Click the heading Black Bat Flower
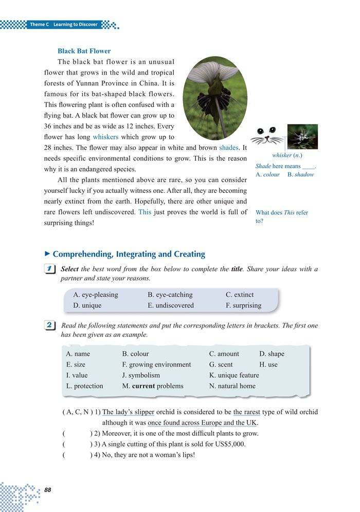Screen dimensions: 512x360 [84, 51]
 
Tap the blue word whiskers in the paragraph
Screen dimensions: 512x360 [105, 137]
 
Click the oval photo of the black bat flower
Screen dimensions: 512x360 [215, 98]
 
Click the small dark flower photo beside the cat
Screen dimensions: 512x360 [302, 136]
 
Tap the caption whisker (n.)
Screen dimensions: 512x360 [287, 155]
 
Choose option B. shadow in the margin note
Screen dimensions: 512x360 [300, 174]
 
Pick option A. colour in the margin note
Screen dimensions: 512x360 [267, 174]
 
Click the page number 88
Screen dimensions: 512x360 [48, 489]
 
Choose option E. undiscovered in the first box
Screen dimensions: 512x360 [171, 305]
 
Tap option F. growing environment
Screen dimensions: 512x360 [156, 364]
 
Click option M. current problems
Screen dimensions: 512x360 [152, 386]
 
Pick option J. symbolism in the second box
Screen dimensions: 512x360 [140, 375]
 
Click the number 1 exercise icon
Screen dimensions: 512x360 [50, 269]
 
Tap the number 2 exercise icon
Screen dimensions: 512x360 [50, 325]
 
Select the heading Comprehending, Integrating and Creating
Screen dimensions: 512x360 [129, 254]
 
